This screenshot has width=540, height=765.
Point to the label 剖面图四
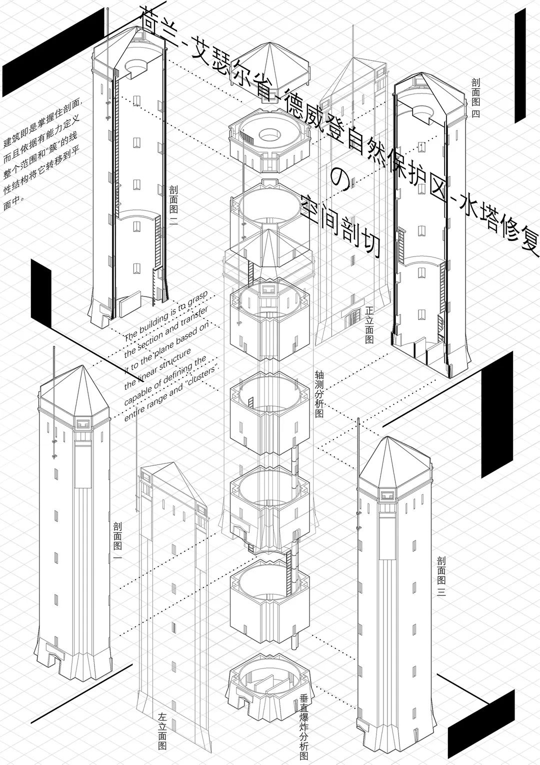click(475, 97)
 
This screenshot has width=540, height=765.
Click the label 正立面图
click(370, 324)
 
